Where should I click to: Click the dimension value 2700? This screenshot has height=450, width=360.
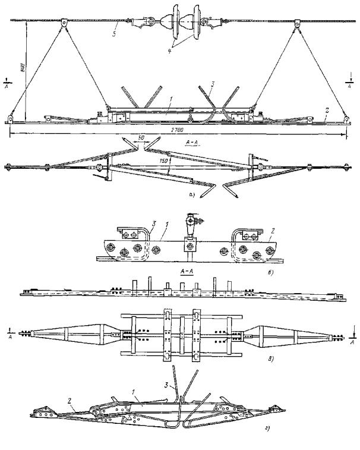(x=176, y=128)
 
